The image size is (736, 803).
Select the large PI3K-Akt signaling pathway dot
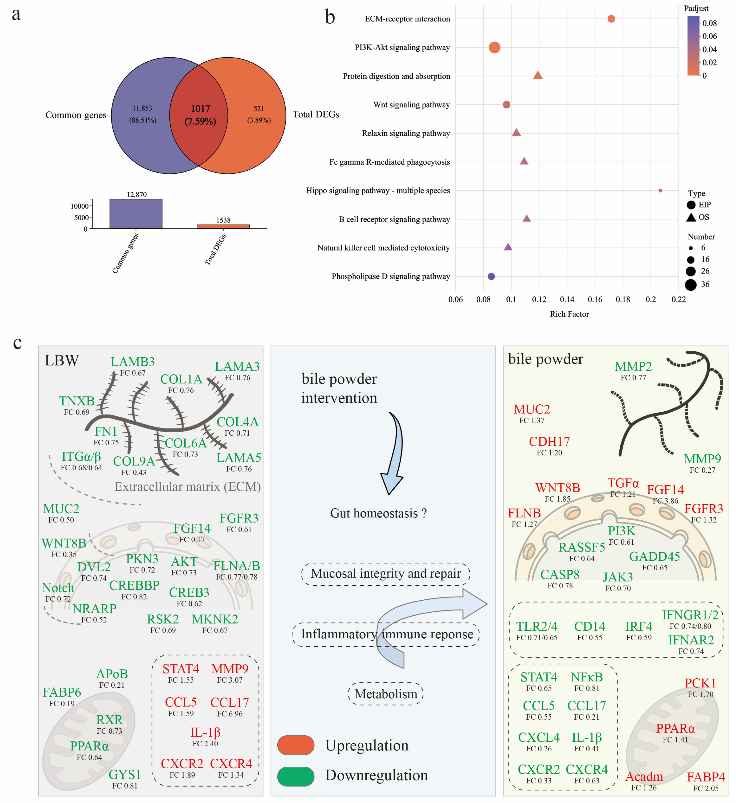click(494, 48)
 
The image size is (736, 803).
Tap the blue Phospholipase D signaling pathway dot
click(491, 276)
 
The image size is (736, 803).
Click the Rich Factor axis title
click(569, 314)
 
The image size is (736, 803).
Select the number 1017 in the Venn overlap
click(200, 109)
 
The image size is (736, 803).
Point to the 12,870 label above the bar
click(137, 194)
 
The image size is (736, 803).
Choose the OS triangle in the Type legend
click(691, 217)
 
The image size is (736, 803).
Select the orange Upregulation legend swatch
click(295, 745)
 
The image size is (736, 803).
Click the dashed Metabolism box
click(386, 694)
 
